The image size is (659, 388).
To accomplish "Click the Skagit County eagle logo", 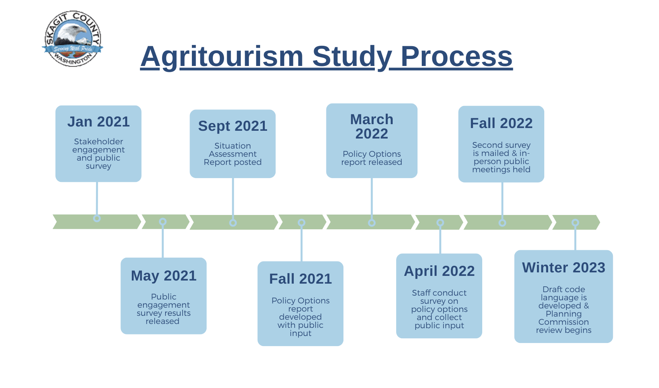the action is [x=72, y=38].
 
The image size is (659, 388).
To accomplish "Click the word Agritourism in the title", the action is [x=222, y=57].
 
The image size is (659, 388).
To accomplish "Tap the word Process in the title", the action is [x=457, y=56].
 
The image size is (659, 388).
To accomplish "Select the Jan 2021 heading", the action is [x=98, y=121].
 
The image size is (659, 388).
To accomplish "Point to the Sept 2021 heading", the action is [x=233, y=126].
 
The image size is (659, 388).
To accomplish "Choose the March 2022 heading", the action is [x=372, y=126].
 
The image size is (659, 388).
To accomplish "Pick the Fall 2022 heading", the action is [x=501, y=123].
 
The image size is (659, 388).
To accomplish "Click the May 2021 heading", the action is [x=164, y=276].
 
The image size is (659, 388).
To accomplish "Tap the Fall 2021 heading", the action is [x=300, y=279].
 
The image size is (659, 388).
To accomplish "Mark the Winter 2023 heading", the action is [x=563, y=268].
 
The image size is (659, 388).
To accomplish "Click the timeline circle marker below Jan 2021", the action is [x=97, y=218].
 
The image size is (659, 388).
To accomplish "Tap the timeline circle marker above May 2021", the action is [x=163, y=222].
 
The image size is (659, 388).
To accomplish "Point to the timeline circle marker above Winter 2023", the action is [x=575, y=223].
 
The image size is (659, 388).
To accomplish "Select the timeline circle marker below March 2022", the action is [x=372, y=223].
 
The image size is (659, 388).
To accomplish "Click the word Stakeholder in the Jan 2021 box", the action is [x=98, y=142].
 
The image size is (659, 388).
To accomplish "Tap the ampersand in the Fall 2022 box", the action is [x=514, y=153].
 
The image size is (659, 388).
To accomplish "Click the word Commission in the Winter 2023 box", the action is [x=563, y=322].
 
